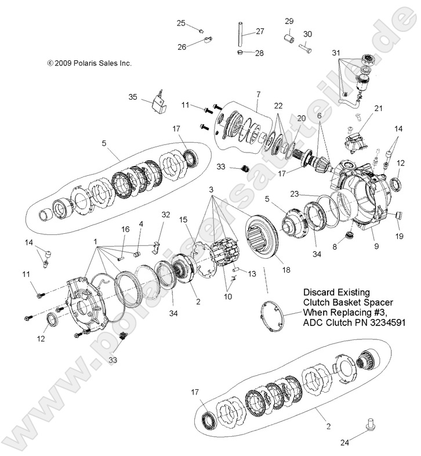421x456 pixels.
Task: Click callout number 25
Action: point(181,23)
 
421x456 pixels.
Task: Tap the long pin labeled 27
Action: point(238,36)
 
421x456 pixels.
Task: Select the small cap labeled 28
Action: point(241,53)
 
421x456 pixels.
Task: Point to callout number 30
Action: point(307,34)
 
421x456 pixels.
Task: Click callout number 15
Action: point(184,220)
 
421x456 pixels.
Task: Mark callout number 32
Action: point(166,214)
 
